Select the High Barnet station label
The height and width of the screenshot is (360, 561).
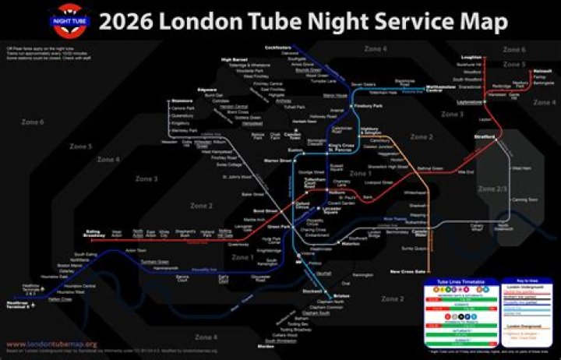[x=234, y=60]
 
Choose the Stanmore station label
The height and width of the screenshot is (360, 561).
[x=182, y=101]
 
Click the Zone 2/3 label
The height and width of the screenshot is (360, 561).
[x=492, y=189]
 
